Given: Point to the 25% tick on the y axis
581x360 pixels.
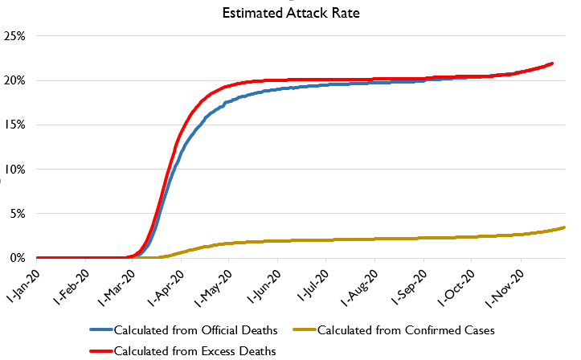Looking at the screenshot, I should pos(16,36).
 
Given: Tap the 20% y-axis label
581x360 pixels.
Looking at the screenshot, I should pos(16,80).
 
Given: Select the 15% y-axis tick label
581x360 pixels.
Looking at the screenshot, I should pos(16,125).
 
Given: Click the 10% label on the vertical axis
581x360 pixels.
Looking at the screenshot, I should pos(16,169).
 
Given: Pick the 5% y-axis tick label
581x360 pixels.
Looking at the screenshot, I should pos(18,214).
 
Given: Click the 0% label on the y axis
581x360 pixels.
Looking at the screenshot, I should pos(18,258).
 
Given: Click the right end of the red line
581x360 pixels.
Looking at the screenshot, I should pos(553,63).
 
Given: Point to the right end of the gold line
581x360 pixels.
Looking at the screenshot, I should pos(565,227).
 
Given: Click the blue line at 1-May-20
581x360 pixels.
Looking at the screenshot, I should pos(229,102).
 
